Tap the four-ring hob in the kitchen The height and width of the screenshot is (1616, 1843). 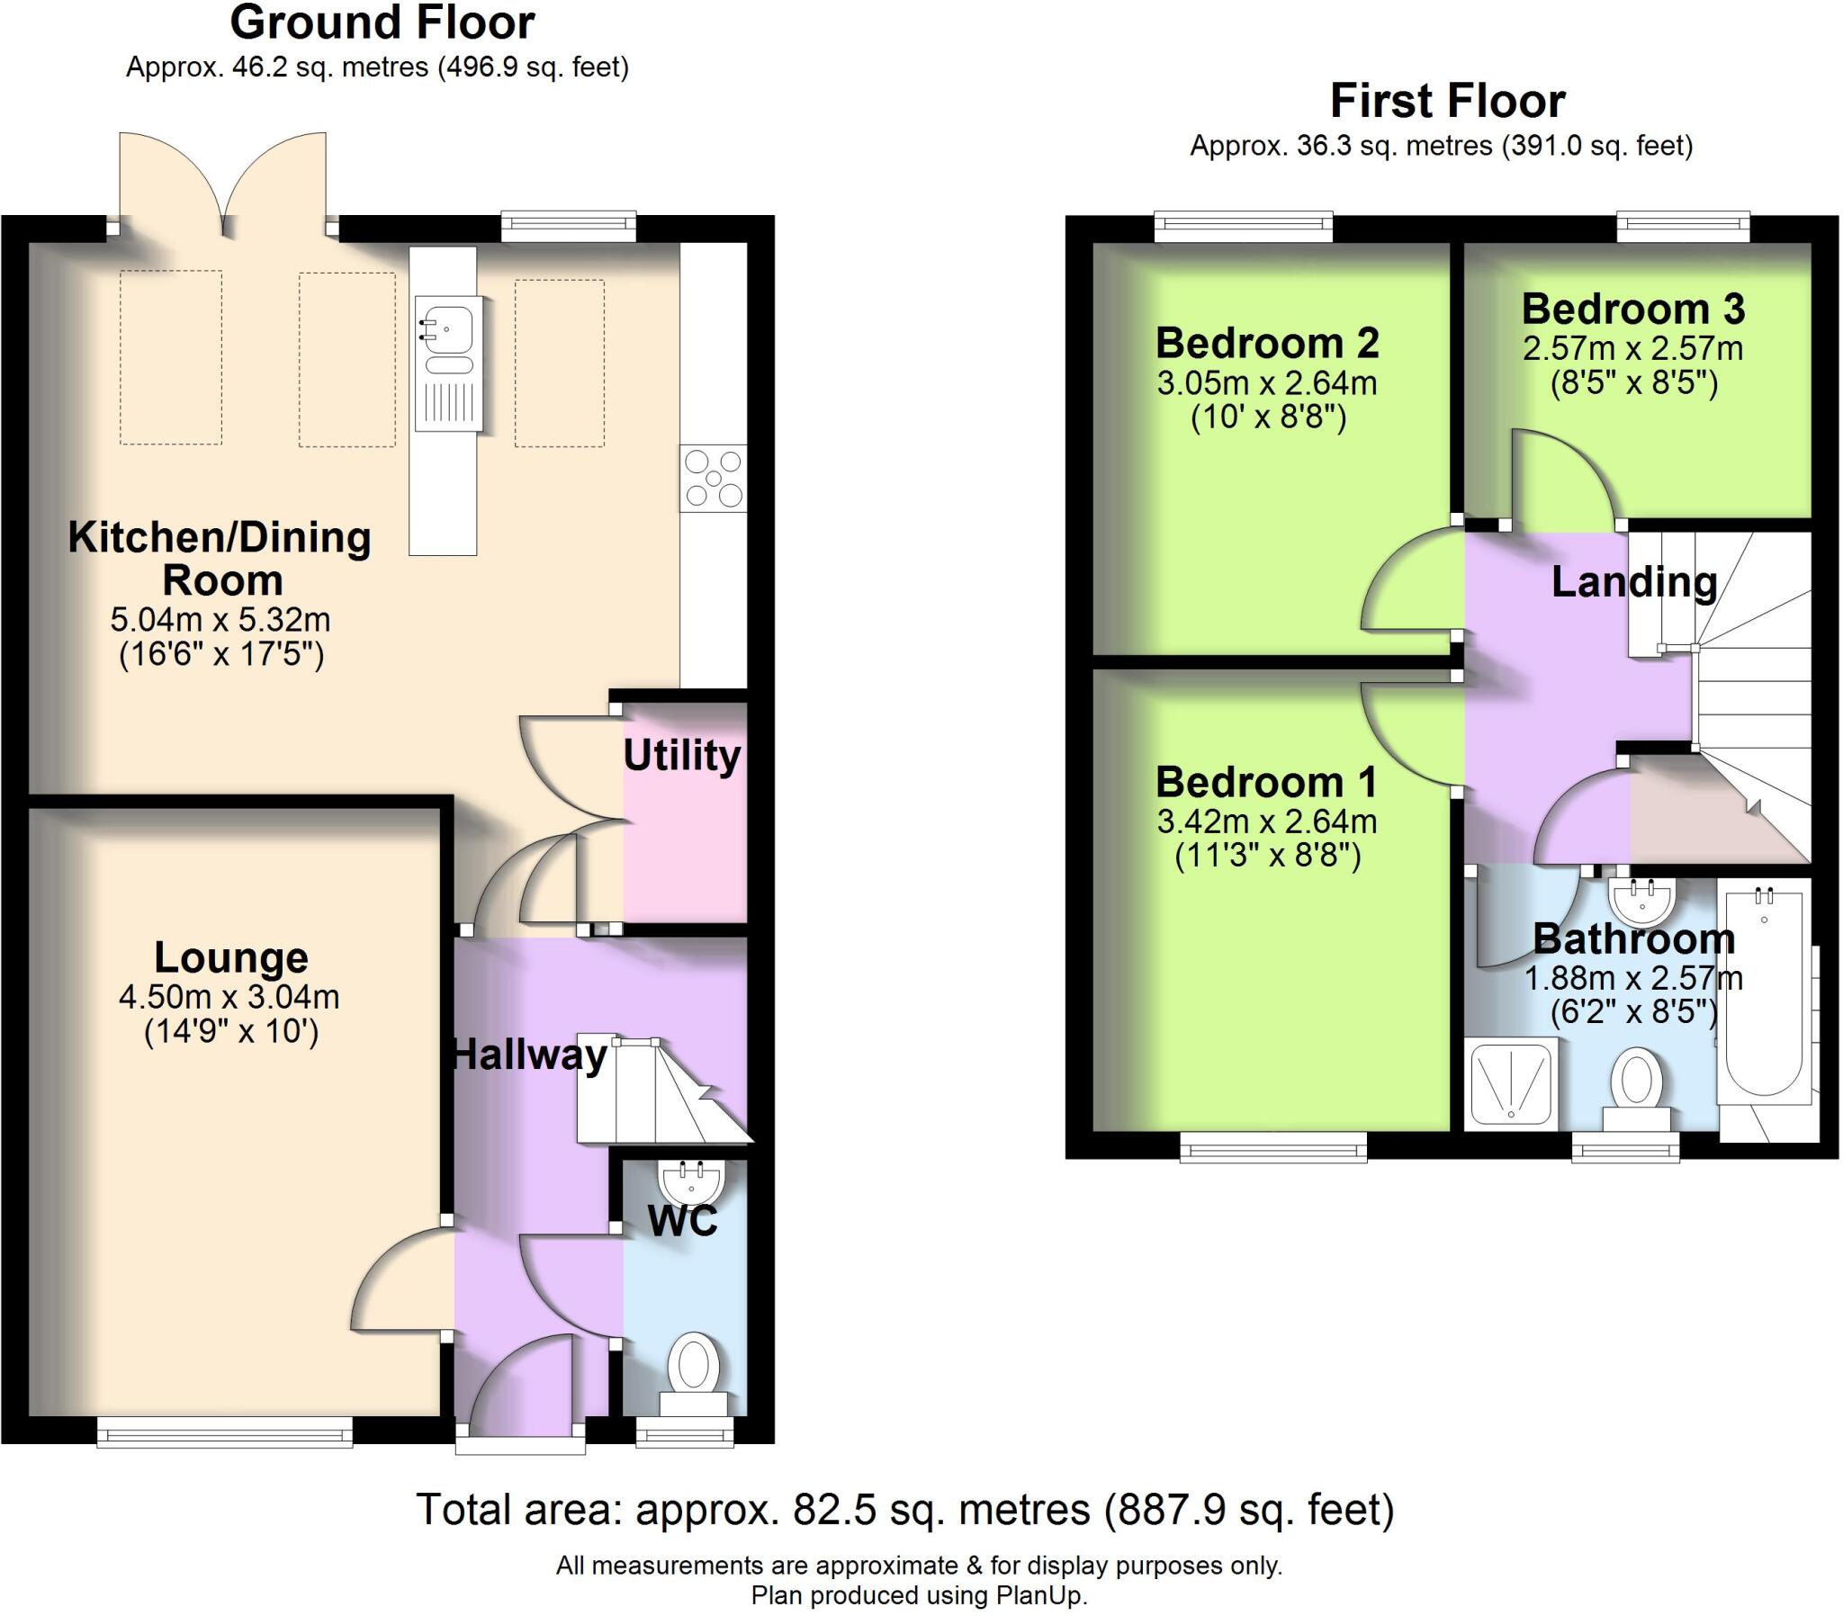pos(714,478)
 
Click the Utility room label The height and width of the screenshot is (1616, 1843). pos(681,756)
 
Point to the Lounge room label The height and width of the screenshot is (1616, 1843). pos(232,957)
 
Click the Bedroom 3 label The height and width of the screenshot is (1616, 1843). pos(1633,310)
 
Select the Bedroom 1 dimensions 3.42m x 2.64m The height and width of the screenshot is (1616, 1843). pos(1267,821)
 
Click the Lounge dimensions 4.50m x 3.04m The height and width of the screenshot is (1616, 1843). pos(229,996)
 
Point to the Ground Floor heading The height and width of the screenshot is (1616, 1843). pos(382,22)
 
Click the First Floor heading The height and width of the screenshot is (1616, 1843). pos(1448,101)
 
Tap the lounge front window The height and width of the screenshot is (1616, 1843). pos(224,1432)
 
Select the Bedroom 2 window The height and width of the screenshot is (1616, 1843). pos(1244,226)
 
